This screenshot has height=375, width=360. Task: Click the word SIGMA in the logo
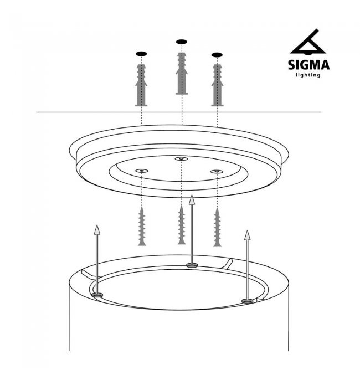308,65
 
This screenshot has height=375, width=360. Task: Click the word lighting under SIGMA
308,75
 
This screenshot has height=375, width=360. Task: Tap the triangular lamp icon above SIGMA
308,42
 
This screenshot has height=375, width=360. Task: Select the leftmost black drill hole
141,54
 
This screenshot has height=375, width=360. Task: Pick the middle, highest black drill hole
182,42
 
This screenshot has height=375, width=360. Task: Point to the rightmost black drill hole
217,55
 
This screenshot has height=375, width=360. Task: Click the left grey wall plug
141,85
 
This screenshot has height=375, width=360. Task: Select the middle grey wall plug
182,74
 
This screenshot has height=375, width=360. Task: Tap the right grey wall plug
217,85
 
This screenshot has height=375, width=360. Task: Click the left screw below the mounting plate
142,227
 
